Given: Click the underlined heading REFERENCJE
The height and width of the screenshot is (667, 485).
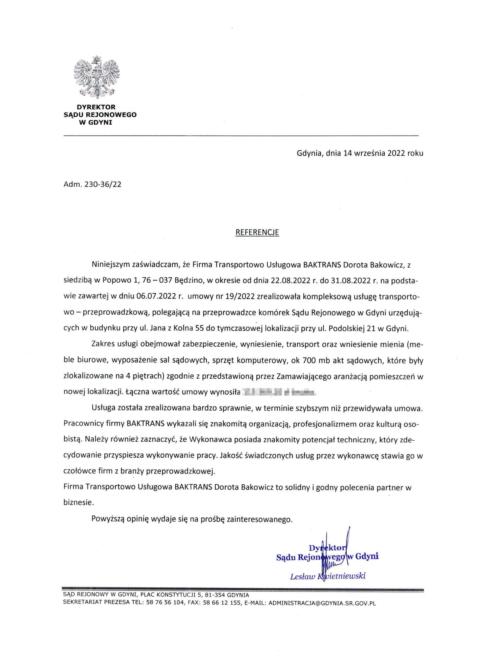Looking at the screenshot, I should pos(257,232).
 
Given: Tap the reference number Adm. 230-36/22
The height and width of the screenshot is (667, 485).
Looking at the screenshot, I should pos(92,184).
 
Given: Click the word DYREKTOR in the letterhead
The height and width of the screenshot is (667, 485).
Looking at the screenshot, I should pos(96,107).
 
